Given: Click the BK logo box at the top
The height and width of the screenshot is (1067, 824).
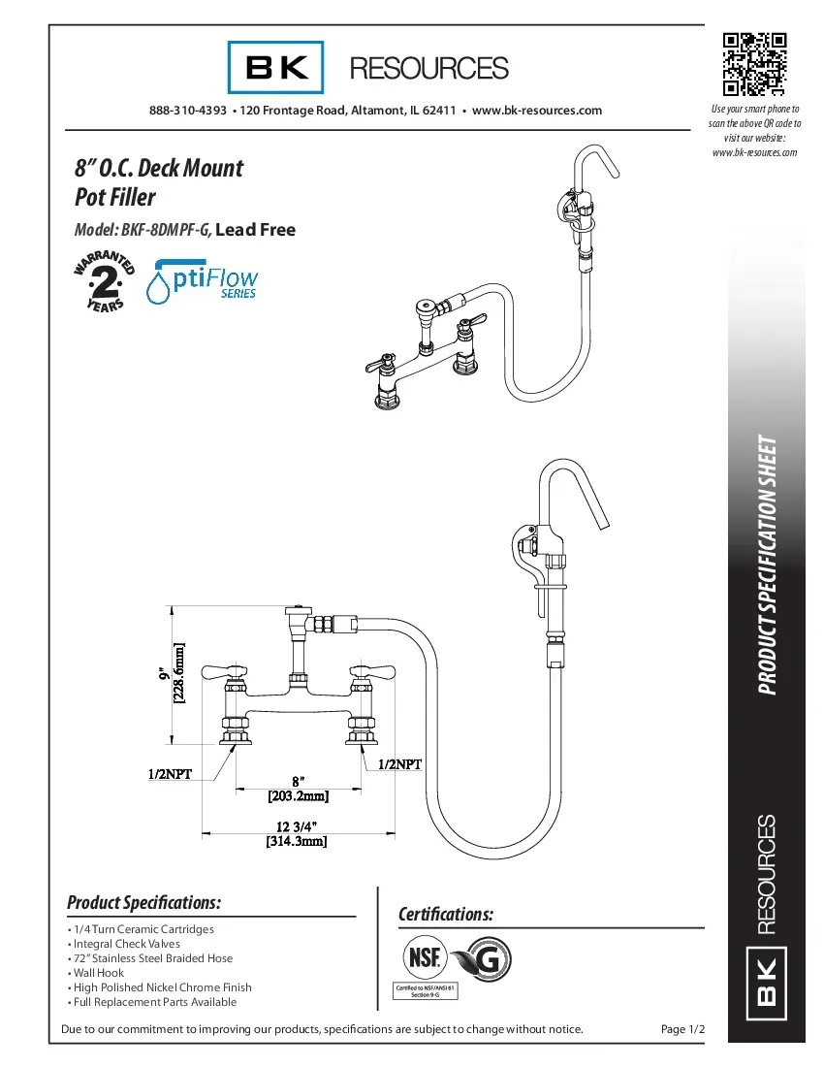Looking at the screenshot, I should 276,67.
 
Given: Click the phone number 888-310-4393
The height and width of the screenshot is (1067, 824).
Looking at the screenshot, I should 188,111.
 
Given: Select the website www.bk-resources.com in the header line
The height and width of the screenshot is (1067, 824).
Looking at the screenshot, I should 536,111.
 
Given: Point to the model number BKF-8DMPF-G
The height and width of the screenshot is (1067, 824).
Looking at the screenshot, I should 165,230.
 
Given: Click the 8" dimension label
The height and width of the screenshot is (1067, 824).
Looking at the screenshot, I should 299,781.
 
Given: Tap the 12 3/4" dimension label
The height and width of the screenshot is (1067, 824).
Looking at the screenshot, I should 297,825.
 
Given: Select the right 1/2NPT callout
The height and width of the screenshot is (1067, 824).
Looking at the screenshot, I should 400,764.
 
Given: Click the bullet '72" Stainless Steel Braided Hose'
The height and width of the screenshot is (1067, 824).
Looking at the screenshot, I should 152,957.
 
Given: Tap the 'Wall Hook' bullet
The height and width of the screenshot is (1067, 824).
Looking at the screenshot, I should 98,972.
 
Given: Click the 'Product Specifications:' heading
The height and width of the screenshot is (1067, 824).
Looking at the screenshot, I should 143,902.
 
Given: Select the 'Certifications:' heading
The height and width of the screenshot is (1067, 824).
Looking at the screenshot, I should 446,915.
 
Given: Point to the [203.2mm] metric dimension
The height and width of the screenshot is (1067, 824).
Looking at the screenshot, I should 299,796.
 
